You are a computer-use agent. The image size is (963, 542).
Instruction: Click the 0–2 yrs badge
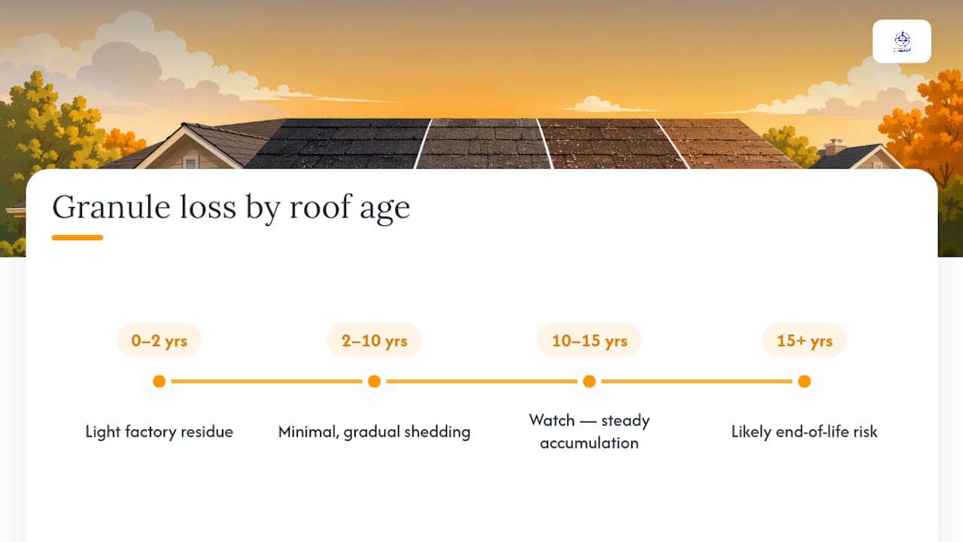pyautogui.click(x=159, y=340)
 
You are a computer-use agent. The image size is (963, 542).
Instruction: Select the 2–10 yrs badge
pyautogui.click(x=374, y=340)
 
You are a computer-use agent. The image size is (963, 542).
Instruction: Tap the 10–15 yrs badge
pyautogui.click(x=589, y=340)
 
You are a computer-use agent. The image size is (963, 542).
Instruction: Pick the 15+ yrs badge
pyautogui.click(x=804, y=340)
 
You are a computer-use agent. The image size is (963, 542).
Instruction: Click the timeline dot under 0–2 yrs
pyautogui.click(x=159, y=381)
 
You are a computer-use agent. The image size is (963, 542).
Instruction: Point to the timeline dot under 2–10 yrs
pyautogui.click(x=374, y=381)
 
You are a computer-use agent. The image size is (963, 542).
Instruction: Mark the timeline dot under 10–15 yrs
pyautogui.click(x=589, y=381)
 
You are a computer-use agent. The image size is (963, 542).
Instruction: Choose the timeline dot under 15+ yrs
pyautogui.click(x=804, y=381)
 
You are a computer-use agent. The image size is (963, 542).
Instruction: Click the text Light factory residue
pyautogui.click(x=159, y=431)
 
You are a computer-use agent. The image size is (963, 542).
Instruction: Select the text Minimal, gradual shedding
pyautogui.click(x=374, y=431)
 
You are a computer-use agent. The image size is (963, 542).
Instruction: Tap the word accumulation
pyautogui.click(x=589, y=443)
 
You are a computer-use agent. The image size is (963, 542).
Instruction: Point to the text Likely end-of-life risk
pyautogui.click(x=804, y=431)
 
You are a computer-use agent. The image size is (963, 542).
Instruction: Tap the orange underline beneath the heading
pyautogui.click(x=77, y=237)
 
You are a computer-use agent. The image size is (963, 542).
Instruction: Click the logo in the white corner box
pyautogui.click(x=902, y=41)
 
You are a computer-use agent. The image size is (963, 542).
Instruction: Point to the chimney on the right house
pyautogui.click(x=835, y=147)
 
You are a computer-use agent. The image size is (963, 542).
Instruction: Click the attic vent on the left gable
pyautogui.click(x=190, y=162)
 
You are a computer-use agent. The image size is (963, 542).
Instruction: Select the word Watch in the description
pyautogui.click(x=551, y=420)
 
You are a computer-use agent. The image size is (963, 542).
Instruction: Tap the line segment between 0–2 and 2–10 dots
pyautogui.click(x=266, y=381)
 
